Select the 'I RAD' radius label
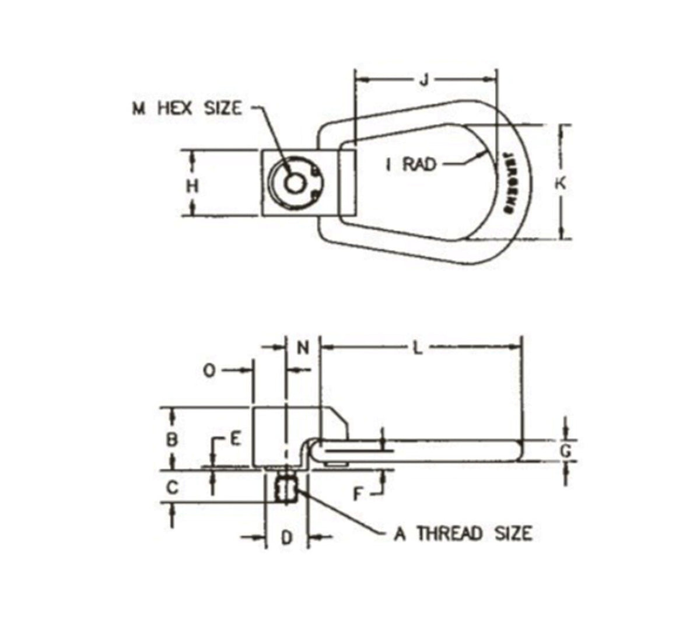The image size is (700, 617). point(411,164)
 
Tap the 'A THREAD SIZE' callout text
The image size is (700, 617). point(463,533)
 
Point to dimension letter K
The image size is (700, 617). point(560,183)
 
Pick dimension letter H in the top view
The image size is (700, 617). point(192,186)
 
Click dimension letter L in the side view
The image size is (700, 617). point(416,348)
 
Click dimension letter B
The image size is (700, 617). point(172,439)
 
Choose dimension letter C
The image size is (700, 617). point(172,486)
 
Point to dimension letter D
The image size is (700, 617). point(286,537)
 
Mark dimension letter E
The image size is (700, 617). point(235,439)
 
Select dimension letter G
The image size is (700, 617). point(565,450)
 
